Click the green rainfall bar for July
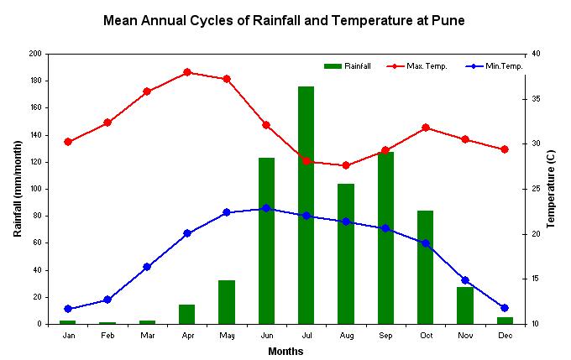306,205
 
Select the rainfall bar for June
266,240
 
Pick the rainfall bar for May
227,301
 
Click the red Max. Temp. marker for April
187,72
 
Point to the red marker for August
346,165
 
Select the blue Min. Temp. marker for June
266,208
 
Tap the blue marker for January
68,309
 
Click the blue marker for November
465,280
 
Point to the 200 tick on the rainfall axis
35,54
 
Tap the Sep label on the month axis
385,336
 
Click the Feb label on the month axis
107,336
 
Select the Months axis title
285,352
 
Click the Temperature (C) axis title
552,189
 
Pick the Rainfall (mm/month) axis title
18,189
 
